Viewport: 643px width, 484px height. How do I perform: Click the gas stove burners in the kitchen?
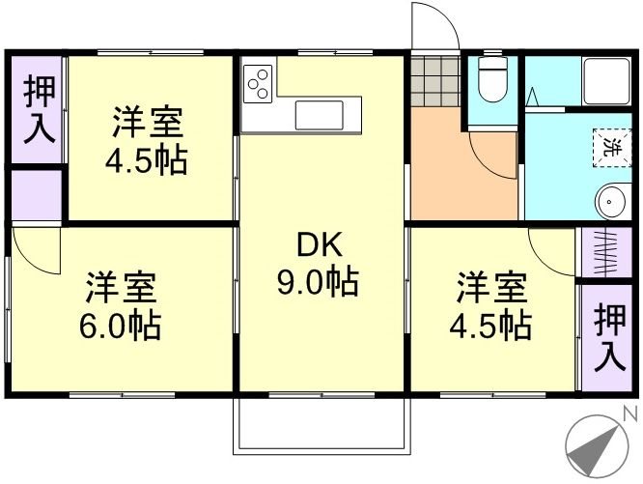258,84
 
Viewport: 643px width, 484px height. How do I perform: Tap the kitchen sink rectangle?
326,115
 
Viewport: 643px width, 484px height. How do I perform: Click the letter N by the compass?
632,414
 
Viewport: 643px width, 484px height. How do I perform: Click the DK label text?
320,246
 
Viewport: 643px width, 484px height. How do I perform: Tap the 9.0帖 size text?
319,283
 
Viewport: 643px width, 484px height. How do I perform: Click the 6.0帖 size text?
121,323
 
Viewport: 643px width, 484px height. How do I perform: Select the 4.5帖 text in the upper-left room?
147,158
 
